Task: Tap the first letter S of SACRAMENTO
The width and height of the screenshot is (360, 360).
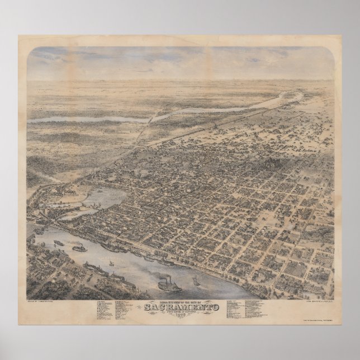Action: coord(147,306)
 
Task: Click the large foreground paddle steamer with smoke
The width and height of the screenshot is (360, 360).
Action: coord(168,285)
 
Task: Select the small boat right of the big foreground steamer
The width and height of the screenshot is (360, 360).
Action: coord(195,281)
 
